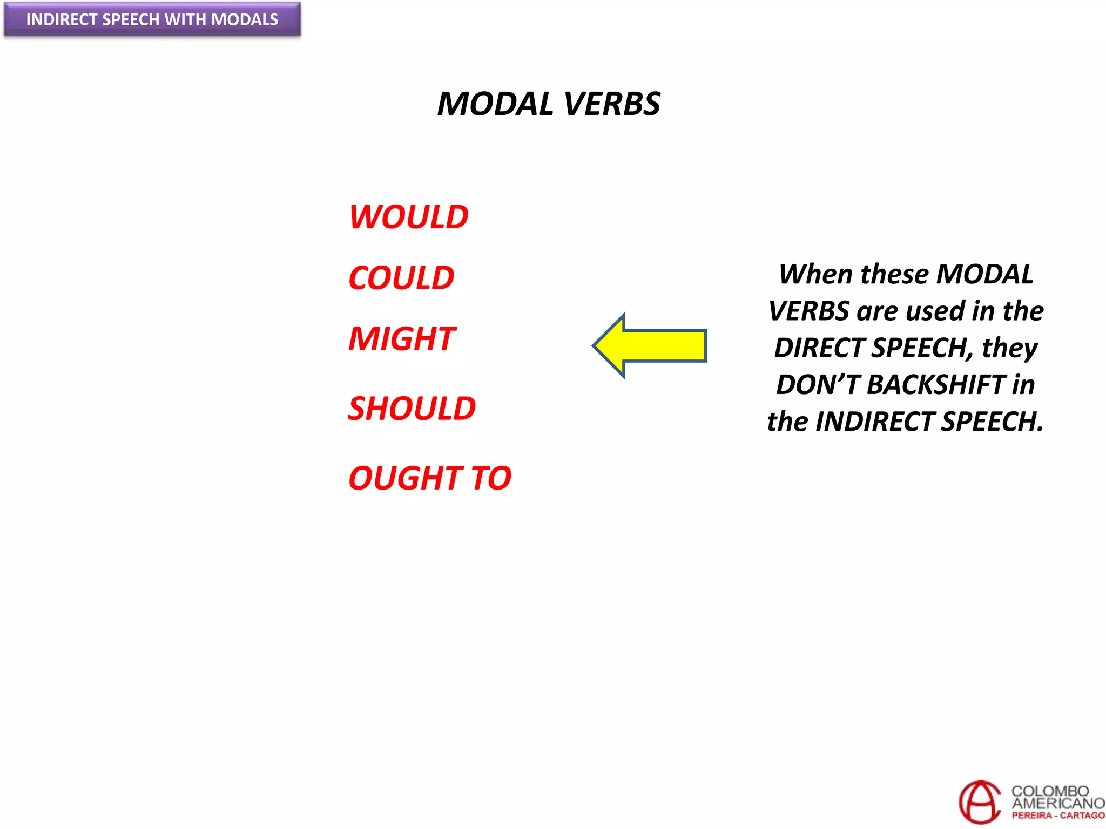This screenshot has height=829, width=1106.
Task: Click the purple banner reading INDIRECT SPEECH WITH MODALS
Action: point(152,20)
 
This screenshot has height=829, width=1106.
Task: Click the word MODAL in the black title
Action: point(495,104)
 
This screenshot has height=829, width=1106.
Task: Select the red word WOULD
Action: point(409,217)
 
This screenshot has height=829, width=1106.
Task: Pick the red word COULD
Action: point(401,278)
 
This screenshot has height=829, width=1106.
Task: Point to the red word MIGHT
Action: point(402,339)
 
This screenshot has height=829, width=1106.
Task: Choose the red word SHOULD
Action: point(412,408)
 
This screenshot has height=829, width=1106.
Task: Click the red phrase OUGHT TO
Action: point(430,478)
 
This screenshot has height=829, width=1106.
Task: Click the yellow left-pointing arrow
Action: point(650,345)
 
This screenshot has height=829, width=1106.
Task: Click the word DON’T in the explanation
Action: point(818,385)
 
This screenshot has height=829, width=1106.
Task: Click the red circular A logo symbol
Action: point(979,802)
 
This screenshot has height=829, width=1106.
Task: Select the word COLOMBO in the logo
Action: point(1050,791)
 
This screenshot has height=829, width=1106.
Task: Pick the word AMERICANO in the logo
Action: point(1058,803)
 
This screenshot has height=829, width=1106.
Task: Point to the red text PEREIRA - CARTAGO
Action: point(1058,816)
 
